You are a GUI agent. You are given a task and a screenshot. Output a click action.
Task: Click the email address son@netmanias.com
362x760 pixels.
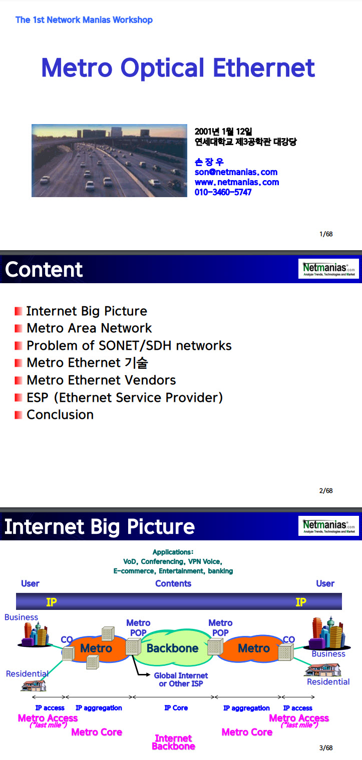click(236, 172)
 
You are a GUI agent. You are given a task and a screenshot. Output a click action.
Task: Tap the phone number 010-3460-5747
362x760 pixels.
click(223, 192)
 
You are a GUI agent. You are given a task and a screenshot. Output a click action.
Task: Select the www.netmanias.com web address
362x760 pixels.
click(237, 182)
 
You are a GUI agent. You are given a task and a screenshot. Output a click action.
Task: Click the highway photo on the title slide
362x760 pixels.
click(109, 161)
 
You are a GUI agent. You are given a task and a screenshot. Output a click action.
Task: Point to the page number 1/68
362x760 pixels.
click(326, 234)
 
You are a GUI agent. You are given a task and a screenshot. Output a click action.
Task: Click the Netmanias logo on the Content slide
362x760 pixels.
click(328, 269)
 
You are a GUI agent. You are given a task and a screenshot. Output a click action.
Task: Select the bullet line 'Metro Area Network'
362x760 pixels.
click(89, 328)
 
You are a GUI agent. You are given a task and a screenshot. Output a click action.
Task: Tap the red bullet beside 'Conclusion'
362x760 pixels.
click(19, 415)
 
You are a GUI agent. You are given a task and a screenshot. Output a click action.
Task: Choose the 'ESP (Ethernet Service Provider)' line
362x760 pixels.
click(125, 397)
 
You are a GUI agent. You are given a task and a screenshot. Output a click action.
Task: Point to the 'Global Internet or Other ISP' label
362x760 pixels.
click(181, 679)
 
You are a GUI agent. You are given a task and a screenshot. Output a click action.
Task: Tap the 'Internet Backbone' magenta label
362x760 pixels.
click(174, 742)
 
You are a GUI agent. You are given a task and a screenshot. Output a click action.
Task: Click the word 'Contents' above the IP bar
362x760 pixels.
click(173, 583)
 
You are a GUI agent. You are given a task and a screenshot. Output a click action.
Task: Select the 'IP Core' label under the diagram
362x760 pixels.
click(176, 708)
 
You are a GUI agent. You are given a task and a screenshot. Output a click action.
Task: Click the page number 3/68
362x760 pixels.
click(326, 747)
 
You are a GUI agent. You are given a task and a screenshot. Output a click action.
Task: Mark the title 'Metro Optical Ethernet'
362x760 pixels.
click(178, 68)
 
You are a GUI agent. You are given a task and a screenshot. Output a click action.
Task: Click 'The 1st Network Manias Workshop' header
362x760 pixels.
click(84, 20)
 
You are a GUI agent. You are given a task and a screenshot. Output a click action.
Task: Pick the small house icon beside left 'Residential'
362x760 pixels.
click(33, 685)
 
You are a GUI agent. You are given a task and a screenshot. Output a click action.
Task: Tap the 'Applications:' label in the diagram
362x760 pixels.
click(173, 552)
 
